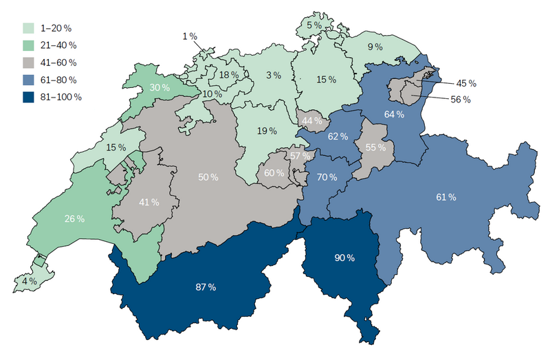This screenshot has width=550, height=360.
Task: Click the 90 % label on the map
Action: [344, 258]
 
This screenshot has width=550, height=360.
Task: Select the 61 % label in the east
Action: [446, 198]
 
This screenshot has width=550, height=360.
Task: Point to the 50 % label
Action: [208, 177]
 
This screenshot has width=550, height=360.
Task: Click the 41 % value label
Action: [149, 202]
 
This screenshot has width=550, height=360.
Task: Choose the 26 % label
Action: [74, 218]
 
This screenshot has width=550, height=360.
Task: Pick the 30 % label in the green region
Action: [159, 87]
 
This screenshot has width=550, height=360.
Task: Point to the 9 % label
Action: [375, 47]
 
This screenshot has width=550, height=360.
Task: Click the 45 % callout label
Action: [466, 83]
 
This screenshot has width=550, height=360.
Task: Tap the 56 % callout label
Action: [461, 100]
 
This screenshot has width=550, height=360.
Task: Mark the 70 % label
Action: [327, 177]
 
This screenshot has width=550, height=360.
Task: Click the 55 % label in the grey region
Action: [375, 147]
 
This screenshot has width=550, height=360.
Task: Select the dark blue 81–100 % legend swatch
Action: [28, 97]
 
